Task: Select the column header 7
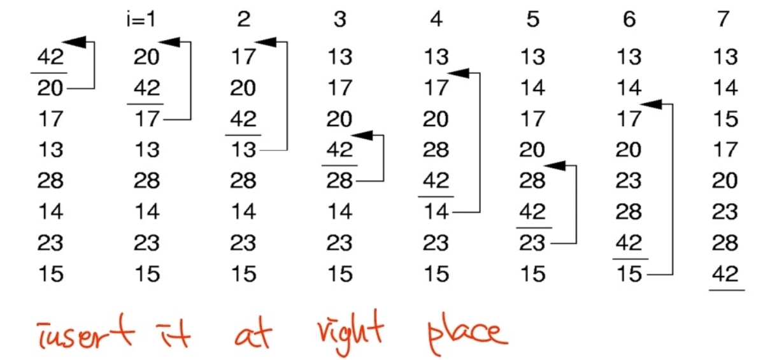click(723, 19)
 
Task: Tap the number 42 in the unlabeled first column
click(50, 57)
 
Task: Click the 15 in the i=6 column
click(629, 274)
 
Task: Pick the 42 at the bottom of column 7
click(725, 274)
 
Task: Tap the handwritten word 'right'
click(350, 331)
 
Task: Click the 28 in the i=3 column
click(339, 181)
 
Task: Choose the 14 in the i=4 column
click(436, 212)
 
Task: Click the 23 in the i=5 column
click(532, 243)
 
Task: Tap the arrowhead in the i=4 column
click(457, 73)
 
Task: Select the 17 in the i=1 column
click(146, 119)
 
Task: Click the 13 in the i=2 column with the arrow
click(243, 150)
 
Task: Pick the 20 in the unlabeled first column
click(50, 88)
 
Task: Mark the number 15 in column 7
click(725, 119)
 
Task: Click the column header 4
click(436, 19)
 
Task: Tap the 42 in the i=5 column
click(532, 212)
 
